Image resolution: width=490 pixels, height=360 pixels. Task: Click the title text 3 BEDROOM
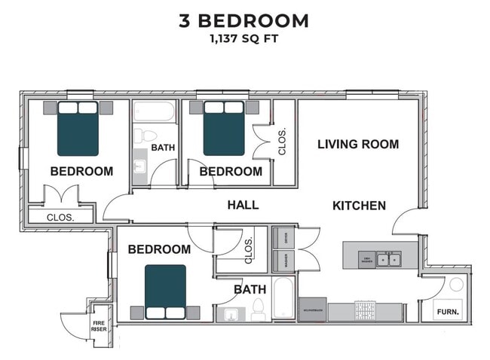pyautogui.click(x=243, y=20)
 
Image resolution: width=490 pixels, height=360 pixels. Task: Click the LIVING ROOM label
pyautogui.click(x=357, y=144)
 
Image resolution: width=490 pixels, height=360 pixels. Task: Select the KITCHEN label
pyautogui.click(x=359, y=205)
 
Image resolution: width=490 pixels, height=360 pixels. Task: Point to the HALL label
pyautogui.click(x=243, y=204)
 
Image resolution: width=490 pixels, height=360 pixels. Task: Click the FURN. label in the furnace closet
pyautogui.click(x=449, y=310)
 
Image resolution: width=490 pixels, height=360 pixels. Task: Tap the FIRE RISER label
pyautogui.click(x=100, y=325)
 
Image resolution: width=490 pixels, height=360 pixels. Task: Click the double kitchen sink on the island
pyautogui.click(x=389, y=260)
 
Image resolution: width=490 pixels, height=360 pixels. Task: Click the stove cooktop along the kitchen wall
pyautogui.click(x=366, y=310)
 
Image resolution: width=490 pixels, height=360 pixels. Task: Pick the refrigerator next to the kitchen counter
pyautogui.click(x=313, y=310)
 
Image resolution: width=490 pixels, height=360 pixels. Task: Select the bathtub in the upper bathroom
pyautogui.click(x=155, y=113)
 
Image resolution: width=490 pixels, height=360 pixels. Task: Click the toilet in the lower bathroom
pyautogui.click(x=258, y=308)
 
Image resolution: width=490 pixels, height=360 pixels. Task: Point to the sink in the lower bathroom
pyautogui.click(x=228, y=313)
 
